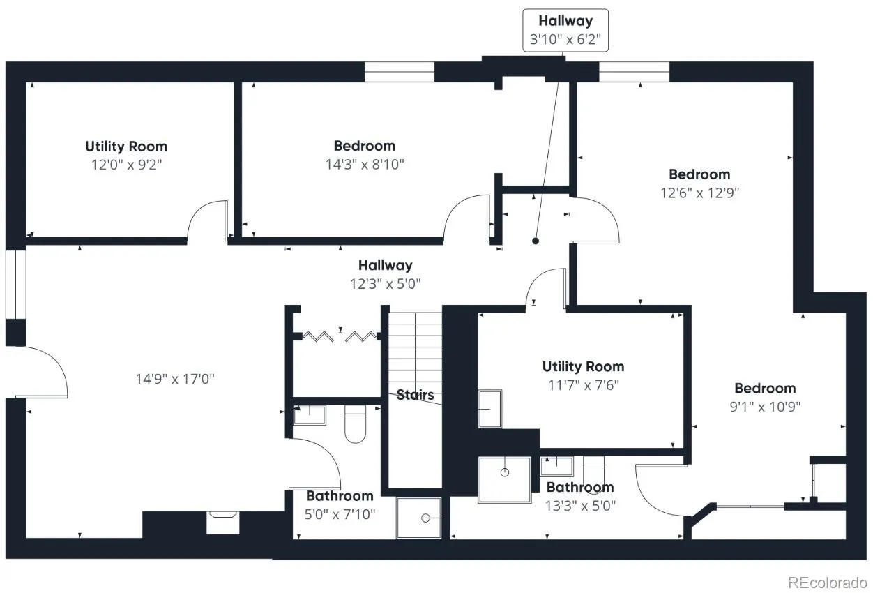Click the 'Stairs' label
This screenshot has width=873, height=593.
pyautogui.click(x=415, y=395)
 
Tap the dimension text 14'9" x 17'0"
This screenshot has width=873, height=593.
pyautogui.click(x=175, y=379)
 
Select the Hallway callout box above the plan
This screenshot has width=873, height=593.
pyautogui.click(x=565, y=31)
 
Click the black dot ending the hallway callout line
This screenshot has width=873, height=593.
pyautogui.click(x=536, y=241)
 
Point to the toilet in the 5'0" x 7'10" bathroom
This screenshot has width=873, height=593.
pyautogui.click(x=356, y=423)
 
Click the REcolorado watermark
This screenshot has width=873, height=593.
pyautogui.click(x=828, y=583)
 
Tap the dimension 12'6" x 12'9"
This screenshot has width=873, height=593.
pyautogui.click(x=699, y=193)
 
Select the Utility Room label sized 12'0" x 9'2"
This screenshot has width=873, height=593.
pyautogui.click(x=126, y=147)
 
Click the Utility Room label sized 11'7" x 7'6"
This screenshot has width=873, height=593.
pyautogui.click(x=583, y=366)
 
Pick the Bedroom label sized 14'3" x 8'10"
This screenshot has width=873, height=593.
pyautogui.click(x=365, y=146)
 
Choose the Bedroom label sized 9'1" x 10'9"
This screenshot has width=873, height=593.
pyautogui.click(x=765, y=389)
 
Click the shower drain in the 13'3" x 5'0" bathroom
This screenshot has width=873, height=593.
pyautogui.click(x=505, y=472)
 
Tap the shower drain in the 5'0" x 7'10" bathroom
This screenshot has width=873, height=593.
pyautogui.click(x=425, y=518)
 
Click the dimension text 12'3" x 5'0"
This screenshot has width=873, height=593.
pyautogui.click(x=385, y=284)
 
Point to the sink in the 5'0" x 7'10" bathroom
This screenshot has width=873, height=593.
pyautogui.click(x=310, y=415)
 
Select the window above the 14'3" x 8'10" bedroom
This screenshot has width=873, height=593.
pyautogui.click(x=399, y=72)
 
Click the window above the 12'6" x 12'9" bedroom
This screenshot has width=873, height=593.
pyautogui.click(x=634, y=72)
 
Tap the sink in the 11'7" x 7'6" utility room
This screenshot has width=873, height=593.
pyautogui.click(x=490, y=409)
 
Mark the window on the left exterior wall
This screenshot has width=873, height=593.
pyautogui.click(x=15, y=284)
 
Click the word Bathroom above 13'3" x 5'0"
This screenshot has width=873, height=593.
pyautogui.click(x=580, y=488)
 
